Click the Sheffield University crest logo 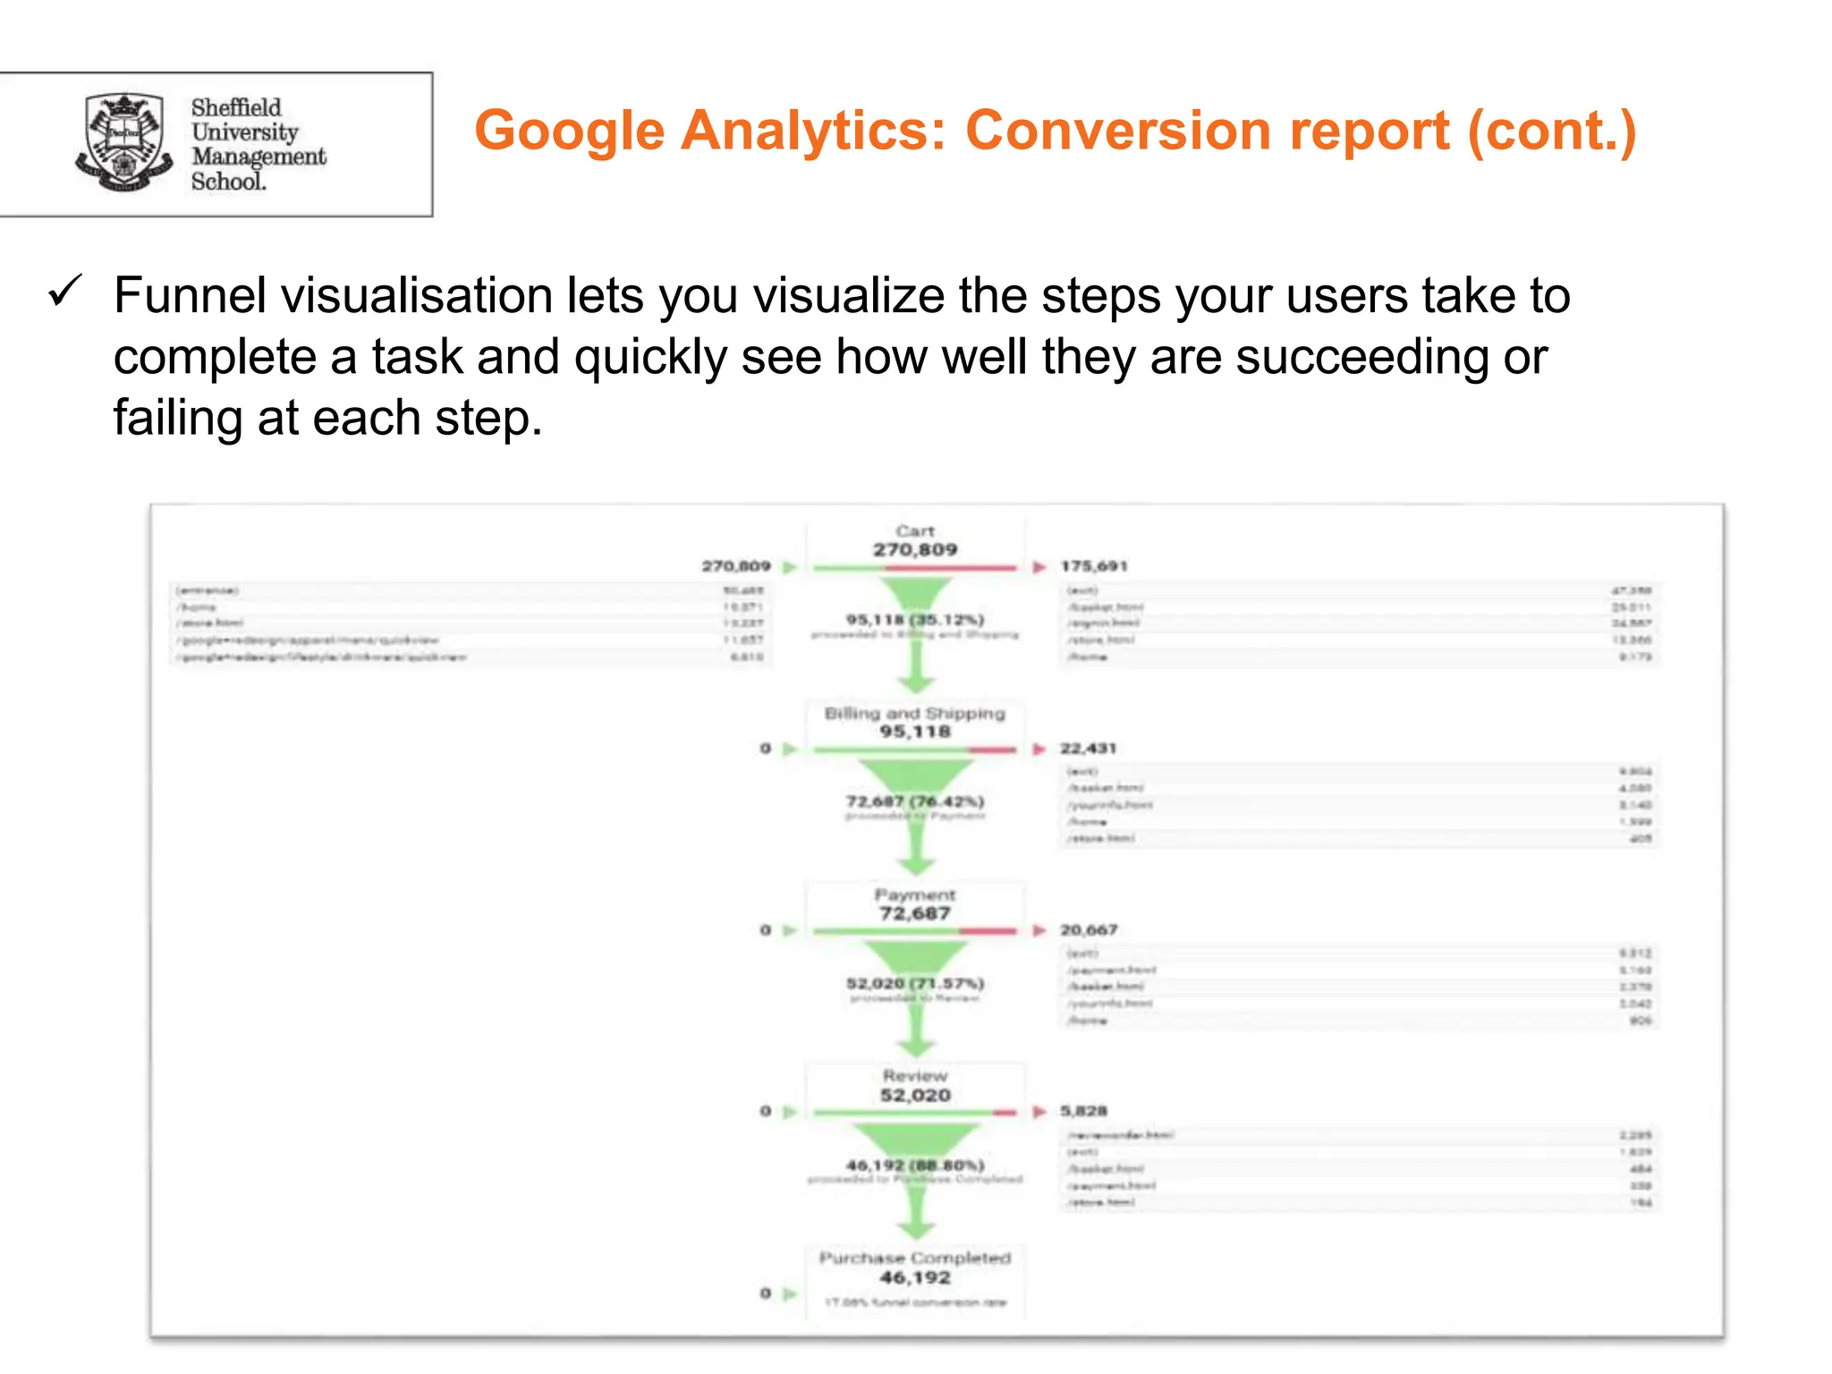coord(123,142)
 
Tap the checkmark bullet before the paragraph coord(66,293)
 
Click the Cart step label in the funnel coord(914,531)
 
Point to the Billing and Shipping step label coord(914,714)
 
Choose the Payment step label coord(914,895)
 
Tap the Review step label coord(914,1076)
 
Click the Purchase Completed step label coord(914,1259)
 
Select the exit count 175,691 coord(1094,567)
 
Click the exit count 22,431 coord(1088,749)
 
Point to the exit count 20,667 coord(1089,930)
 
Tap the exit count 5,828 coord(1083,1111)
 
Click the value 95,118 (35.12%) coord(914,620)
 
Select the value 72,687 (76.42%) coord(914,801)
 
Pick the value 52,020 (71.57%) coord(914,984)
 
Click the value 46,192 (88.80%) coord(914,1166)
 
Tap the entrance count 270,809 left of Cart coord(735,567)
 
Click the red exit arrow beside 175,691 coord(1039,567)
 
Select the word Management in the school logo coord(259,157)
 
